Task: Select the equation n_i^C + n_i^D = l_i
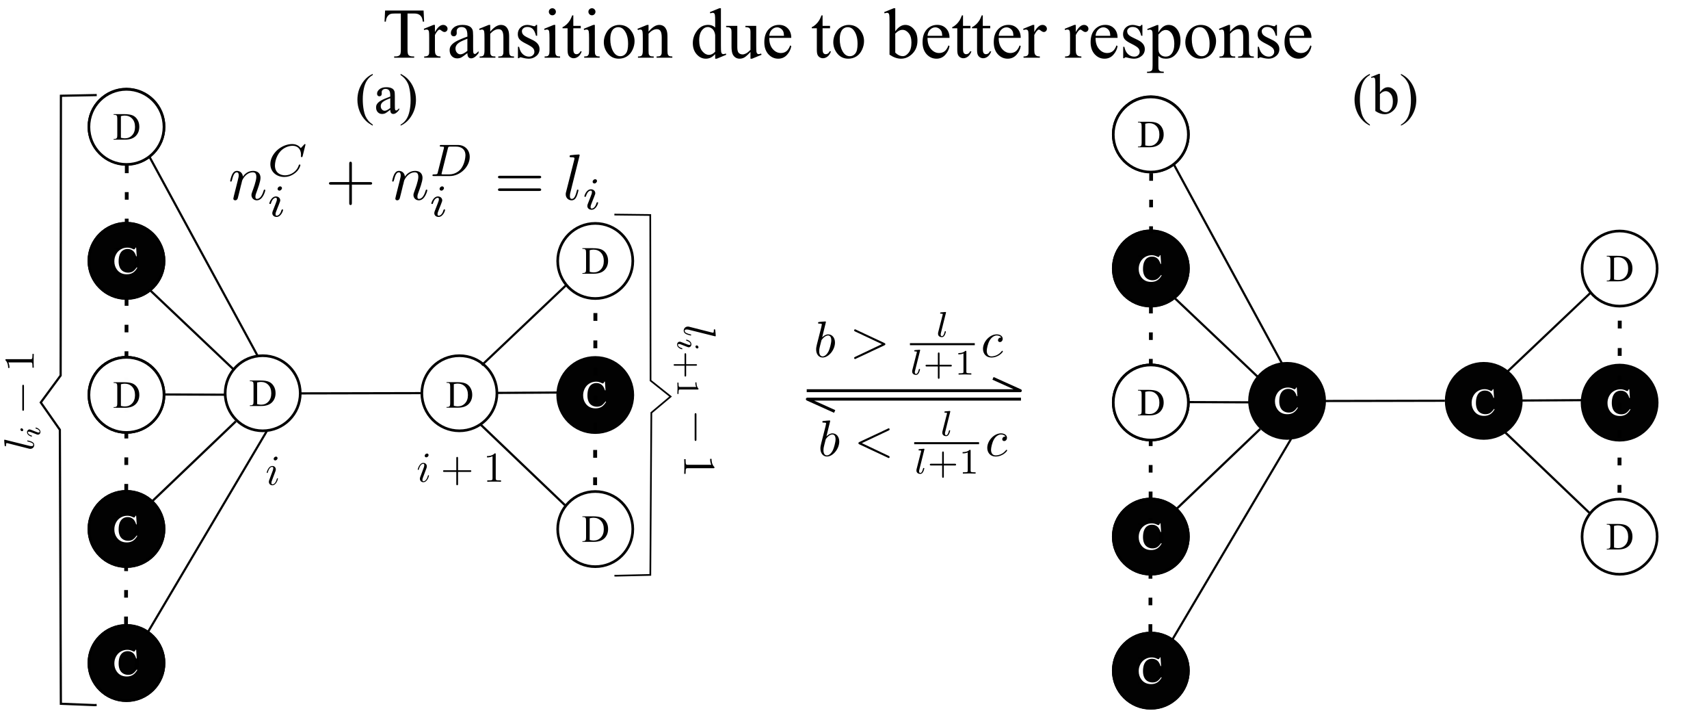414,189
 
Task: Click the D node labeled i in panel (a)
263,394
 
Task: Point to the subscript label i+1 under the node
460,471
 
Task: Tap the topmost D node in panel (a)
126,127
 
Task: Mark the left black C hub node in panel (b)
1286,402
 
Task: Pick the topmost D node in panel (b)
1151,135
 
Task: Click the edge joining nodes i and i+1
360,394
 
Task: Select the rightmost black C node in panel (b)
1619,403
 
